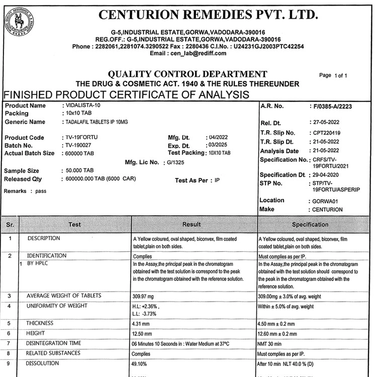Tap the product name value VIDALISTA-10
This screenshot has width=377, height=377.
click(x=83, y=106)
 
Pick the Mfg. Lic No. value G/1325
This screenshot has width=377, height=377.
click(x=176, y=163)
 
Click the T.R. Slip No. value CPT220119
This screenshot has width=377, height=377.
click(x=326, y=133)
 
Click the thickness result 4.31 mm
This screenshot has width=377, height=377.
click(x=141, y=324)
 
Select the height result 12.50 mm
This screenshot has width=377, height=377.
click(x=142, y=334)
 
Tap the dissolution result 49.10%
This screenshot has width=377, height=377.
click(x=141, y=363)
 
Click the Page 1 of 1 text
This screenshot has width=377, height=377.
click(x=333, y=75)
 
